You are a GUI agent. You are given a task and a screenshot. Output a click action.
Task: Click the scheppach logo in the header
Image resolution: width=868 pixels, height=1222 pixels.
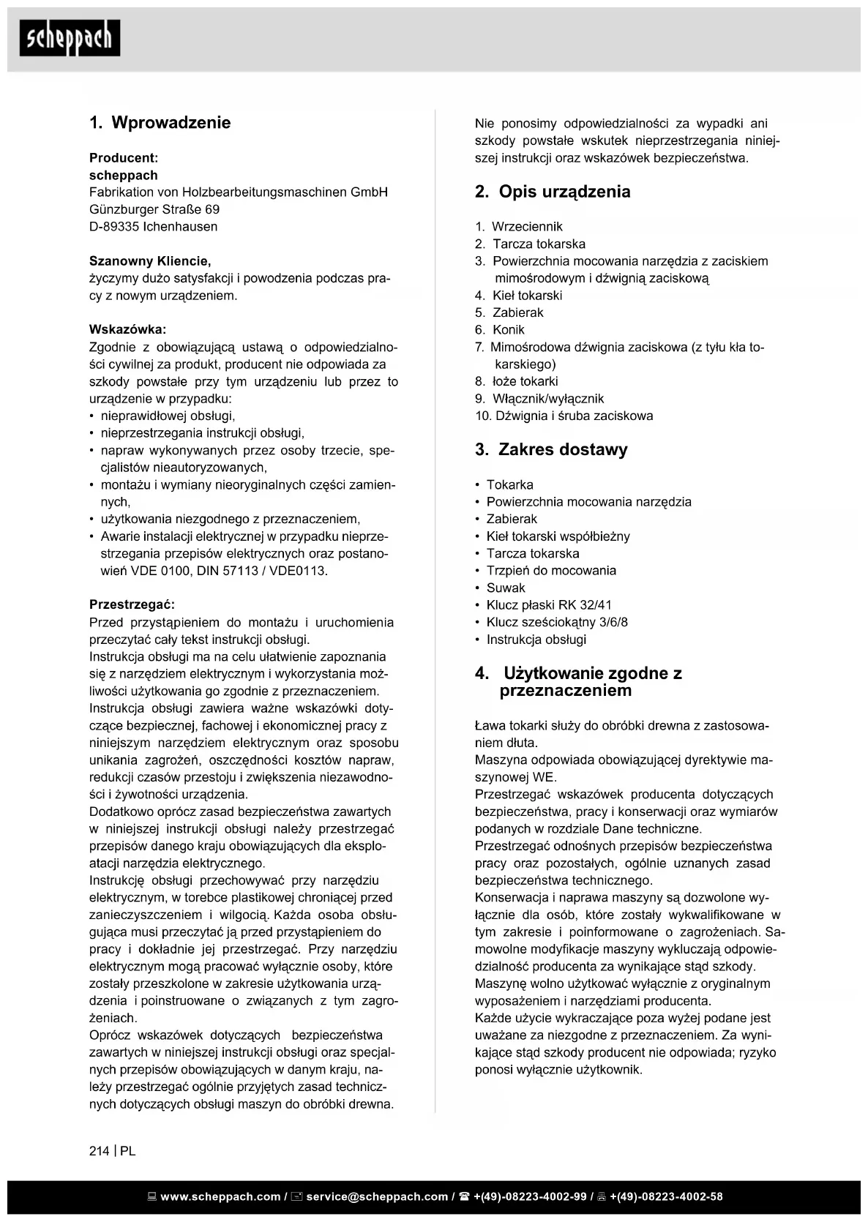coord(70,38)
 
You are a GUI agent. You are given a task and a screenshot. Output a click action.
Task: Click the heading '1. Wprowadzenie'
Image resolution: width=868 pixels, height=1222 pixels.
coord(160,123)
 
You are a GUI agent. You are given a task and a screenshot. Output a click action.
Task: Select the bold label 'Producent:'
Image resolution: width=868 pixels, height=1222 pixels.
coord(123,158)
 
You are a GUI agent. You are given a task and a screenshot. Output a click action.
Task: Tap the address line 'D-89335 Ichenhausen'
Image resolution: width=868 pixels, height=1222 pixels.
coord(153,227)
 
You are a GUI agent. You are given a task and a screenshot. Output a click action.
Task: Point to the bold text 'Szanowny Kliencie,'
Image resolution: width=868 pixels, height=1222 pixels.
coord(150,261)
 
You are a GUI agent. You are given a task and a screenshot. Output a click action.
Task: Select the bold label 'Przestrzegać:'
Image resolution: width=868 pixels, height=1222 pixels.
coord(132,605)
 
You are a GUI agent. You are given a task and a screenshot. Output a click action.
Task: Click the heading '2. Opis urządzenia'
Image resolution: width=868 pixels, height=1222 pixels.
coord(552,192)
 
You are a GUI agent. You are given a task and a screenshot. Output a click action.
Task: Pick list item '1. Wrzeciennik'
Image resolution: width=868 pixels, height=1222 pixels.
coord(519,227)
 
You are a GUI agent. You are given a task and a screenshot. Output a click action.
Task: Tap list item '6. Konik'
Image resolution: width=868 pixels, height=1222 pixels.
coord(500,330)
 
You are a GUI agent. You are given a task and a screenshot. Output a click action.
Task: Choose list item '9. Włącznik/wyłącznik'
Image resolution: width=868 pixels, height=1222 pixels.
coord(539,399)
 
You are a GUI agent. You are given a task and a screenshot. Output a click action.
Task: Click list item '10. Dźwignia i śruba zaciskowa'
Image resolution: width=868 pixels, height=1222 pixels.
coord(564,416)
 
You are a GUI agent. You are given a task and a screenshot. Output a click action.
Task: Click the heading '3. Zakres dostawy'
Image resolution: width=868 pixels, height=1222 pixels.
coord(550,450)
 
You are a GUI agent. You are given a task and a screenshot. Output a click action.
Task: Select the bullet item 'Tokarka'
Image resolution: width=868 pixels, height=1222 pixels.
coord(509,485)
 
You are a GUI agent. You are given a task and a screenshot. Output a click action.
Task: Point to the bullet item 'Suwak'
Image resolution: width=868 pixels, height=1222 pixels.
coord(506,588)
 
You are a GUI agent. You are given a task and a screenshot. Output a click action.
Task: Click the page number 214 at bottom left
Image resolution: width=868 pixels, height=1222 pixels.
coord(99,1151)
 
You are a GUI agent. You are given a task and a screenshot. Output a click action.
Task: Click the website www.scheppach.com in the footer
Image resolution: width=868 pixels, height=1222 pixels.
coord(220,1197)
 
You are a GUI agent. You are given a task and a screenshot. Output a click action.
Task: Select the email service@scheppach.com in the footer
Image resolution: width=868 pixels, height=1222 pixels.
coord(376,1197)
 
